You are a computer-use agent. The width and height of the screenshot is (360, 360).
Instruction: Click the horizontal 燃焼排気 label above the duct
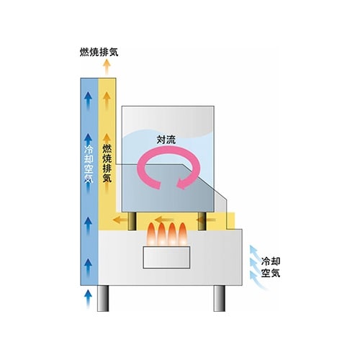(x=99, y=52)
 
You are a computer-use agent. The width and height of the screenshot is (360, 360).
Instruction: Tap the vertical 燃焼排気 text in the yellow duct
(x=107, y=163)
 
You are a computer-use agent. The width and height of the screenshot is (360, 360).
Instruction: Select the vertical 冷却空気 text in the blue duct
(x=89, y=164)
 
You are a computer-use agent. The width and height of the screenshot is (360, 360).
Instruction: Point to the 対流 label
(x=166, y=140)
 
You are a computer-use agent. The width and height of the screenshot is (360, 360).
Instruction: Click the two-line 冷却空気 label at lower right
(x=271, y=267)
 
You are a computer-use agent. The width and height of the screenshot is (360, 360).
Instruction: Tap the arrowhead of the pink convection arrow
(x=181, y=184)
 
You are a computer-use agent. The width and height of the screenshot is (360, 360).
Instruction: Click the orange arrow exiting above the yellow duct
(x=107, y=66)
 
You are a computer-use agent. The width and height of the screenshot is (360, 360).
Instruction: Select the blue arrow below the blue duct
(x=89, y=298)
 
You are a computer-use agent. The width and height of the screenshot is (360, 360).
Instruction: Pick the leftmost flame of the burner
(x=152, y=234)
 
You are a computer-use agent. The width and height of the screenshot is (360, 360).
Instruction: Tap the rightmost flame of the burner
(x=183, y=234)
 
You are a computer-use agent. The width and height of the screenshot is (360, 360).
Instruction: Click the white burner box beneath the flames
(x=166, y=257)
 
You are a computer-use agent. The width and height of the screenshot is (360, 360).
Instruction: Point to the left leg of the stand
(x=103, y=298)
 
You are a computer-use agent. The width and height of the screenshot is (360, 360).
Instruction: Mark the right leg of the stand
(x=220, y=298)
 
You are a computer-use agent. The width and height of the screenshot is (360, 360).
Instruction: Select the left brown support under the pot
(x=132, y=221)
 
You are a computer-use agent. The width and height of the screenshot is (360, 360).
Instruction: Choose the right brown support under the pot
(x=202, y=221)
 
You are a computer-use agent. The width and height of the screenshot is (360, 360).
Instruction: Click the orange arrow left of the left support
(x=120, y=220)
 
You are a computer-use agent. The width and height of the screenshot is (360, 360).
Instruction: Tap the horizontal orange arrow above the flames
(x=163, y=220)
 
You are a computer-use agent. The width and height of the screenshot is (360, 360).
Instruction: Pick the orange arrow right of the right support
(x=211, y=220)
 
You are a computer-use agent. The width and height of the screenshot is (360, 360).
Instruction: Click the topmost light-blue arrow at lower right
(x=255, y=252)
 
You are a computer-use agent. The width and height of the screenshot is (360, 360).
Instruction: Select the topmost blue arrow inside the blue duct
(x=89, y=100)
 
